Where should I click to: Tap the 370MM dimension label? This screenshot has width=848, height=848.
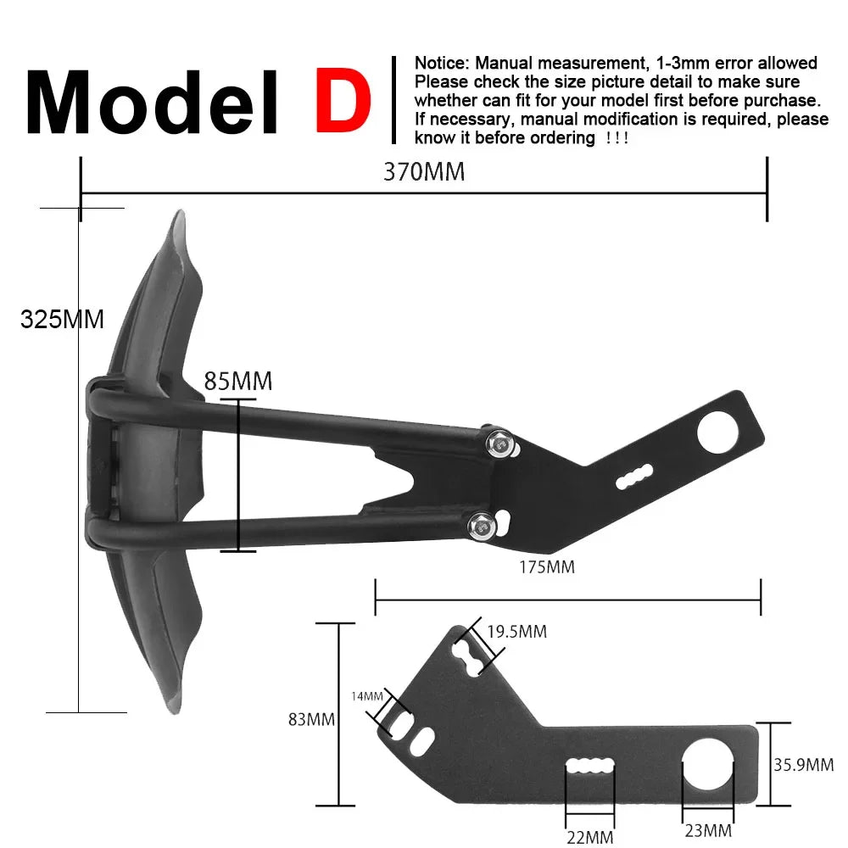click(424, 172)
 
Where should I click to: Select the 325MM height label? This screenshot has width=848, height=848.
click(62, 320)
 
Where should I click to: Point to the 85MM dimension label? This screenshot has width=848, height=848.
click(238, 382)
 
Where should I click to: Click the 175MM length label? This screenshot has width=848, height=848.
click(547, 567)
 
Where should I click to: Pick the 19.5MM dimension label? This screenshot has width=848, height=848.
click(517, 632)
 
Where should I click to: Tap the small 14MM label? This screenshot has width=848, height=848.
click(367, 696)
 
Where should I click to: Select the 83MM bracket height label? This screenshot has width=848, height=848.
click(311, 720)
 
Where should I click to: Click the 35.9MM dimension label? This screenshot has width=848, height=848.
click(803, 765)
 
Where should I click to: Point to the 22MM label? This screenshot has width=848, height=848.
click(589, 838)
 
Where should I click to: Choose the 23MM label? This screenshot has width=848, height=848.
click(707, 830)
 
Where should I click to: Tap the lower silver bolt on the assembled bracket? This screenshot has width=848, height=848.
click(479, 525)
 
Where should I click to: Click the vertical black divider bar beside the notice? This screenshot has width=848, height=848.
click(393, 100)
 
